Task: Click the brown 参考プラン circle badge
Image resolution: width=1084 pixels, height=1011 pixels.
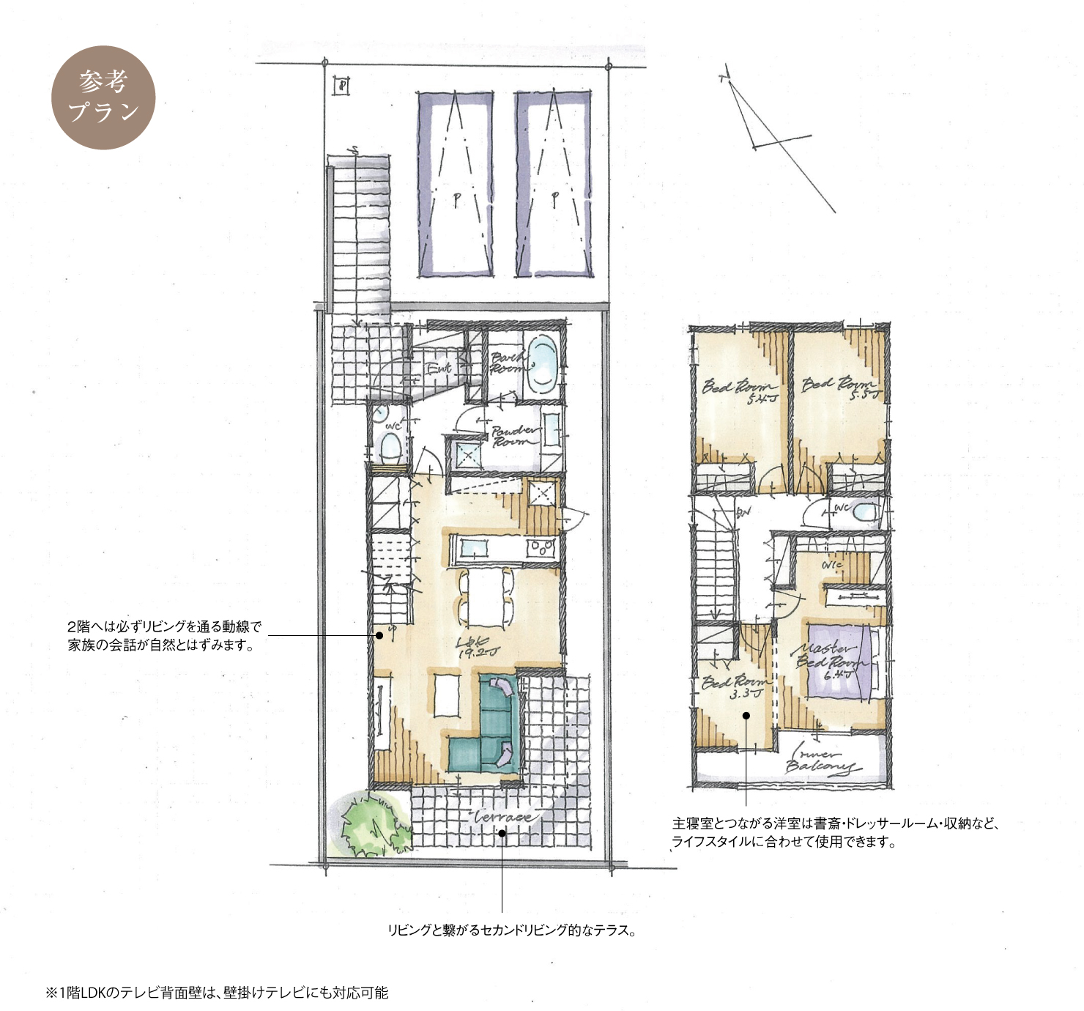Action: tap(103, 97)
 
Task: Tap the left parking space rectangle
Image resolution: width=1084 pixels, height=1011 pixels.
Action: tap(455, 185)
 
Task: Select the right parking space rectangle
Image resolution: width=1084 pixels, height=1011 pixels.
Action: tap(554, 185)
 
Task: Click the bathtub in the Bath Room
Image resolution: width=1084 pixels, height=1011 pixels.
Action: tap(541, 364)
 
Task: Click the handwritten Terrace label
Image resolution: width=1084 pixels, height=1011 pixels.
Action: tap(503, 816)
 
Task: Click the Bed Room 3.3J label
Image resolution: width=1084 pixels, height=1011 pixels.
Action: tap(735, 687)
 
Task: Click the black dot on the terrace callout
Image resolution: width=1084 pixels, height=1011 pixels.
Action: tap(502, 833)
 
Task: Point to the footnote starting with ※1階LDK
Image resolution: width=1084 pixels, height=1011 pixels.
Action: tap(217, 993)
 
